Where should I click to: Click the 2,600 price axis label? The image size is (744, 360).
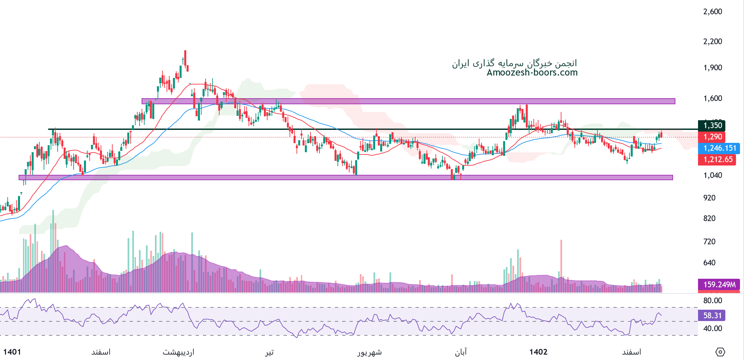pos(712,12)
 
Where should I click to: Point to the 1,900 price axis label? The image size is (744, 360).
pos(712,68)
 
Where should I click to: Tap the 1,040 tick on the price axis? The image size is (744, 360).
pos(712,175)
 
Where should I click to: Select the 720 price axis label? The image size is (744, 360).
pos(709,241)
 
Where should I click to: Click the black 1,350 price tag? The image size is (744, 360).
pos(712,126)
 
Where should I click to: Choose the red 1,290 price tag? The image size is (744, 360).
pos(712,137)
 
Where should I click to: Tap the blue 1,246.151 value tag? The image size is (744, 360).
pos(718,148)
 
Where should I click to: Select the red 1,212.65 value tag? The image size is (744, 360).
pos(717,160)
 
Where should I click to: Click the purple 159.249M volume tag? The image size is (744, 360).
pos(719,284)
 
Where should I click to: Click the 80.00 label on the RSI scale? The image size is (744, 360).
pos(712,300)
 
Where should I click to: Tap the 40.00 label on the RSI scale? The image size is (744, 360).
pos(712,328)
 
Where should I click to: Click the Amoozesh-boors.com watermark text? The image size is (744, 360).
pos(532,73)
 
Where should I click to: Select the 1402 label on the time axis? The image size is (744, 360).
pos(538,352)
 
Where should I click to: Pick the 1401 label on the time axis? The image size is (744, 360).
pos(12,352)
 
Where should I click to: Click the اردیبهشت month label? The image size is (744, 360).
pos(178,352)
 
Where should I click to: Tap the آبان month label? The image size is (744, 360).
pos(461,352)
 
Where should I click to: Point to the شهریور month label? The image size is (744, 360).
pos(370,352)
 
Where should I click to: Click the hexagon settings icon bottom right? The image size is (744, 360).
pos(720,352)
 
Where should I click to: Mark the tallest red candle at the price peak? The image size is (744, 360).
pos(185,58)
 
